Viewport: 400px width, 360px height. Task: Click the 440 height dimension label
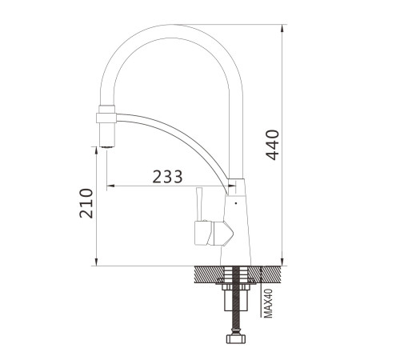click(x=273, y=145)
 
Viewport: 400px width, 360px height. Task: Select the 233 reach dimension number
click(x=167, y=177)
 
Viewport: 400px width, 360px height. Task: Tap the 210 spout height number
click(x=86, y=203)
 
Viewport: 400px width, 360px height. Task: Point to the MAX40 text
click(x=269, y=303)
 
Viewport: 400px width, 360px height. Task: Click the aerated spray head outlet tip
click(x=107, y=146)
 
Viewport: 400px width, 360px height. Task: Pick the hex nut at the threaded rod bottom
click(x=236, y=338)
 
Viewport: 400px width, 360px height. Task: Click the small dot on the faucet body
click(x=236, y=203)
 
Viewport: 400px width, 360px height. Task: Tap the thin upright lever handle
click(x=198, y=204)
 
